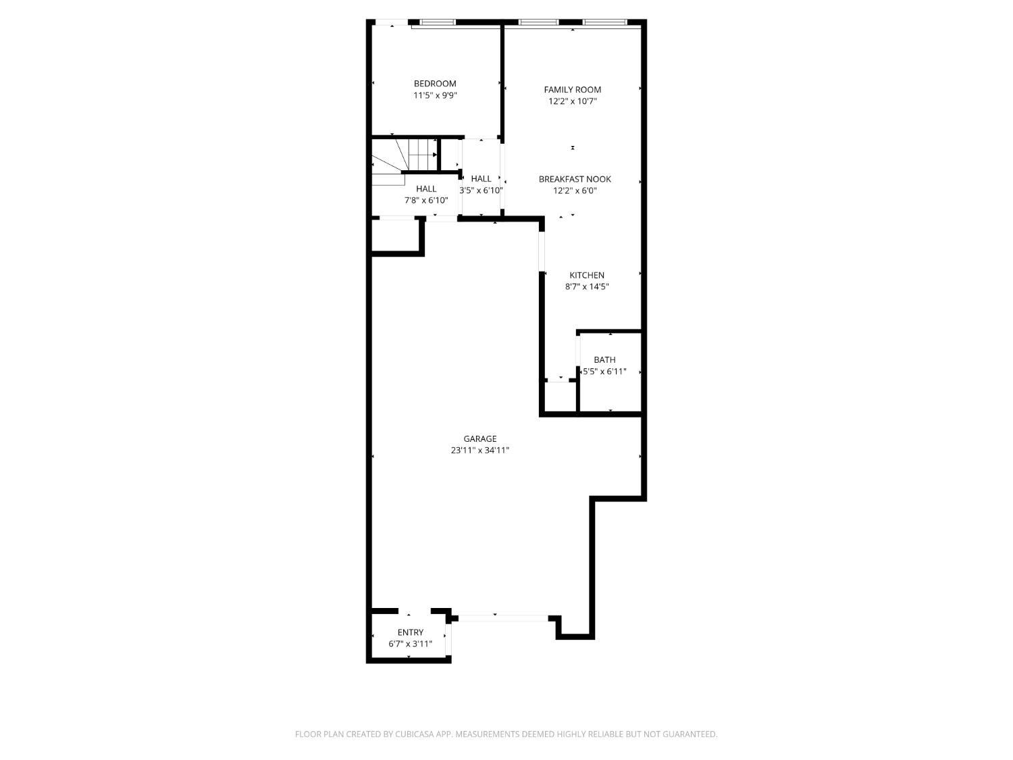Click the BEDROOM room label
coord(435,84)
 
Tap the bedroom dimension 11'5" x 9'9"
coord(435,96)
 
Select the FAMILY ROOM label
coord(573,90)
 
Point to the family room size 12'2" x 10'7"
coord(573,101)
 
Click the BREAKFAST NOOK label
coord(575,179)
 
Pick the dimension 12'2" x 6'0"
coord(575,191)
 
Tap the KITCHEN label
coord(587,275)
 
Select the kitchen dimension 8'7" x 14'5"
coord(587,286)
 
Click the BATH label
coord(604,360)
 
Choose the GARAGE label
coord(480,439)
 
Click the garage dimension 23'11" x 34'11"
coord(480,451)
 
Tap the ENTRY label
coord(411,632)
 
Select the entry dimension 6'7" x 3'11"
coord(411,644)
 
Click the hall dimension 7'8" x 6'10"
coord(426,201)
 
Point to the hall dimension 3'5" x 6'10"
coord(481,191)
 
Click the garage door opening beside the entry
coord(503,617)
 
